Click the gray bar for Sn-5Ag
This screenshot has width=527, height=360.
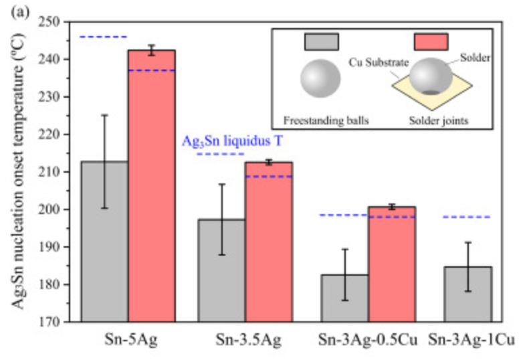tap(105, 241)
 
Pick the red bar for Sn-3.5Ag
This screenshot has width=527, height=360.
tap(269, 242)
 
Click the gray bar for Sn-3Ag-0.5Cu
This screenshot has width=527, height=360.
tap(344, 298)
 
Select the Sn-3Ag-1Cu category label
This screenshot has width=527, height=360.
tap(471, 340)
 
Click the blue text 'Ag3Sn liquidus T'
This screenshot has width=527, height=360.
tap(237, 142)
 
